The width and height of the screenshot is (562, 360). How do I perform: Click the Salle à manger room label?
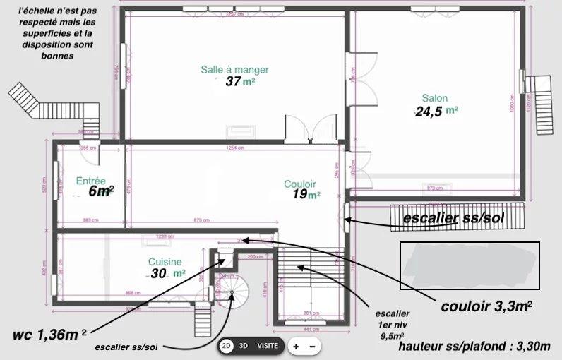(234, 69)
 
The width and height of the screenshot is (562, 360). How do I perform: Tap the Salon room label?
(435, 98)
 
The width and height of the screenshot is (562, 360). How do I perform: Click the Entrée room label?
(90, 180)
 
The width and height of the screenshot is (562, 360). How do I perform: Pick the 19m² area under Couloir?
(306, 196)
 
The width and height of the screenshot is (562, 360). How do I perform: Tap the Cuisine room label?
(165, 261)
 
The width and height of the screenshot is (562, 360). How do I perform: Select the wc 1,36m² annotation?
(49, 332)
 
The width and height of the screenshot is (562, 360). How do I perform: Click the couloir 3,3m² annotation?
(486, 306)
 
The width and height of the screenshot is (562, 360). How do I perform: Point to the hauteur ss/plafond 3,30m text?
(474, 347)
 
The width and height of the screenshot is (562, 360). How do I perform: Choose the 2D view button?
(227, 347)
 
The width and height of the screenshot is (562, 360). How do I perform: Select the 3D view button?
(244, 347)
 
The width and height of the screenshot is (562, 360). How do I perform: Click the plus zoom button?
(296, 347)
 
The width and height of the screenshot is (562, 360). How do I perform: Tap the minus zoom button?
(313, 347)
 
